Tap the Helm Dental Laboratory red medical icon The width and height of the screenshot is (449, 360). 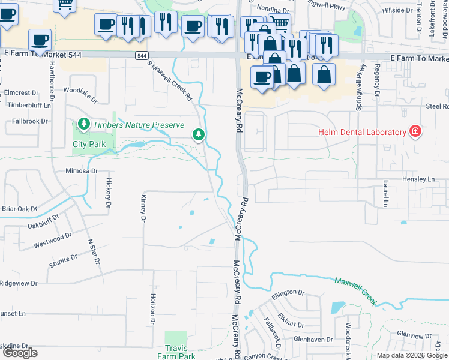pos(414,131)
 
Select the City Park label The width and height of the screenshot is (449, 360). pos(89,144)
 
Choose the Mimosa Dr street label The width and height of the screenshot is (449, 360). pos(82,171)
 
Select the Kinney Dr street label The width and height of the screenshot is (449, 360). pos(143,208)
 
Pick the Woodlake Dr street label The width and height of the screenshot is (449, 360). pos(80,91)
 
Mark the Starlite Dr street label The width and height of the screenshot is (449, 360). pos(63,258)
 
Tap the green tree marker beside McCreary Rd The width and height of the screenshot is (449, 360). pos(199,134)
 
